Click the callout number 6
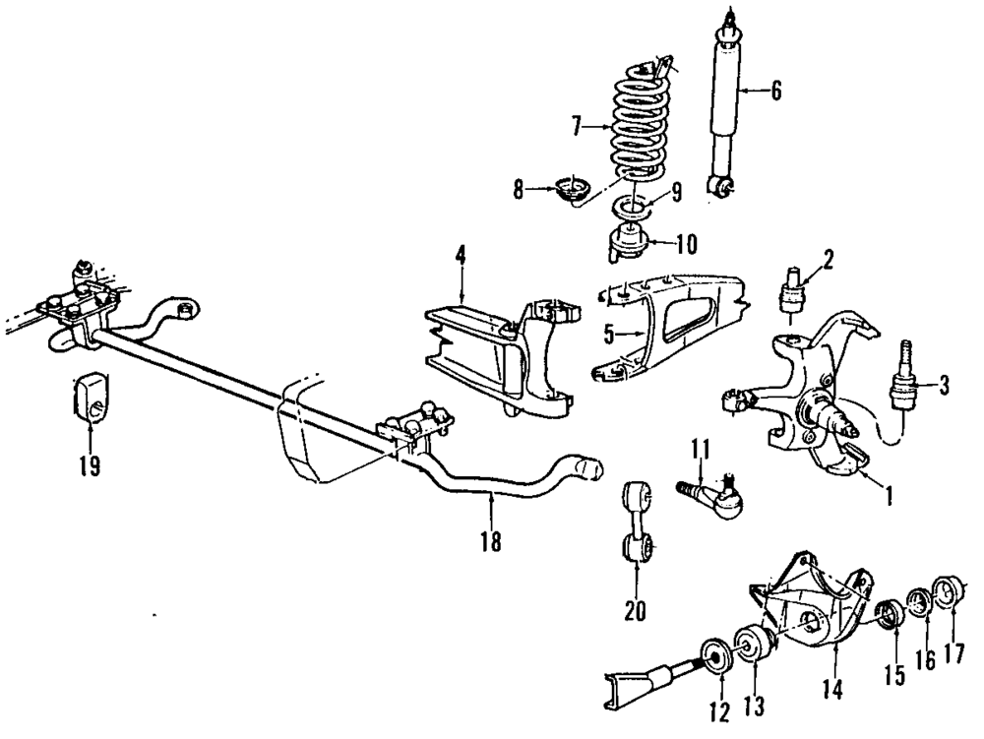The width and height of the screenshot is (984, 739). [x=775, y=92]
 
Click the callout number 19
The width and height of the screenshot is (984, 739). [x=90, y=464]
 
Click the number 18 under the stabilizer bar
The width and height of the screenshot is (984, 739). [x=490, y=539]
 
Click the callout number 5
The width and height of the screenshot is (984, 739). [x=609, y=334]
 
